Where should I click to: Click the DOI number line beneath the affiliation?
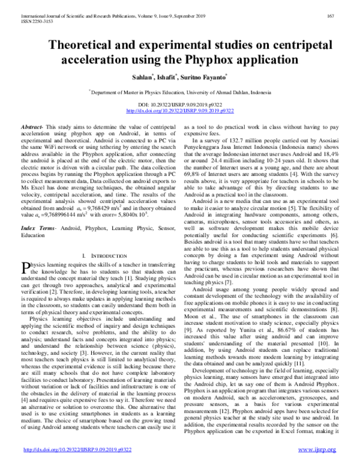[180, 105]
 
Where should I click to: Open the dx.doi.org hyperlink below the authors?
[180, 111]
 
